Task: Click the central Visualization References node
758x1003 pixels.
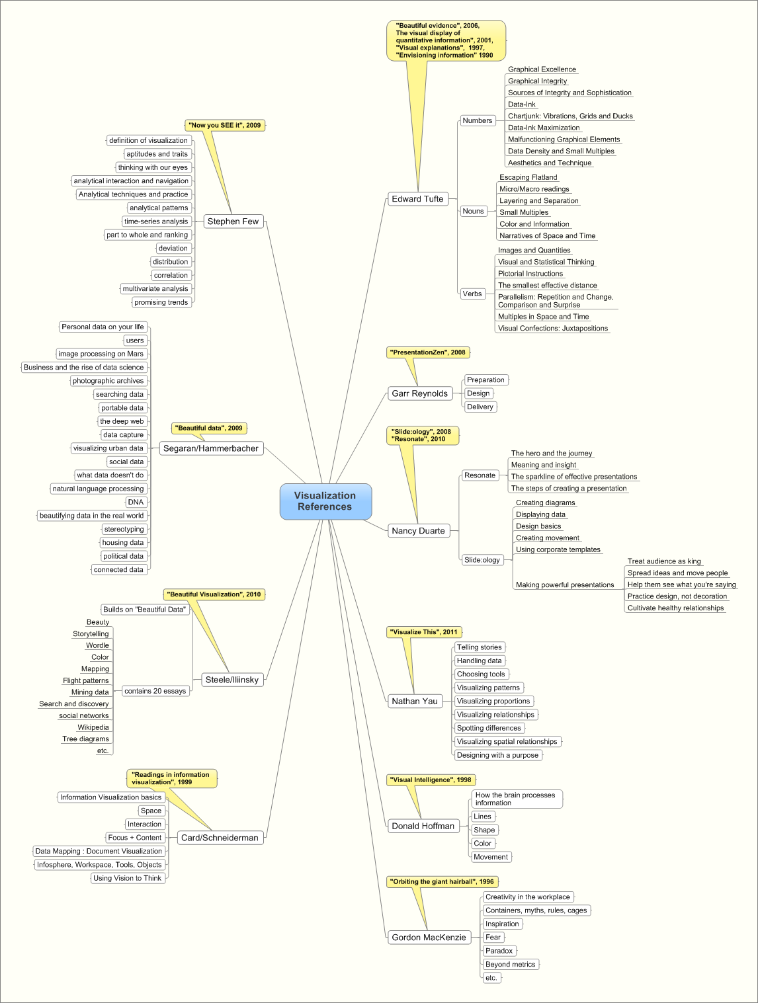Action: coord(325,501)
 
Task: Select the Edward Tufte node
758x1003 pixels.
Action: coord(417,199)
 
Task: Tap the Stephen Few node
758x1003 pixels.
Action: coord(233,221)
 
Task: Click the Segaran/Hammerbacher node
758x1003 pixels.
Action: coord(211,448)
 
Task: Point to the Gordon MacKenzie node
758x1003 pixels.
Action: coord(429,938)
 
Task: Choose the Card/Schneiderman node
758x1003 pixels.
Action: coord(220,838)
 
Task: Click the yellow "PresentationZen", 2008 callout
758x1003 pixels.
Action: coord(428,352)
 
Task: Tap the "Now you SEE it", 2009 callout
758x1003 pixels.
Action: coord(225,125)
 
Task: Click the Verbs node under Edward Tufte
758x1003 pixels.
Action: coord(472,294)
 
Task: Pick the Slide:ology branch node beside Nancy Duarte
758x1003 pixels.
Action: coord(482,560)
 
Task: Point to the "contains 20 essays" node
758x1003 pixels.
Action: coord(155,691)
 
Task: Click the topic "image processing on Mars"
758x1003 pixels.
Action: coord(101,354)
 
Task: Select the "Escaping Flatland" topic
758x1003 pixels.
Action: coord(528,177)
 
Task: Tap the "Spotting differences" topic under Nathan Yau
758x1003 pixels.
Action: coord(489,728)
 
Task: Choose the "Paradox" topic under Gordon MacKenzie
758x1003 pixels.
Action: coord(499,951)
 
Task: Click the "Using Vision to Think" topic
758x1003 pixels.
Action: coord(128,878)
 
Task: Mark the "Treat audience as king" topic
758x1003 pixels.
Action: coord(664,561)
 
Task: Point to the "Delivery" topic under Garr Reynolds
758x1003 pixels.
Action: coord(480,407)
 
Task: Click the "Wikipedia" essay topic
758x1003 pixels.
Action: coord(93,727)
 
